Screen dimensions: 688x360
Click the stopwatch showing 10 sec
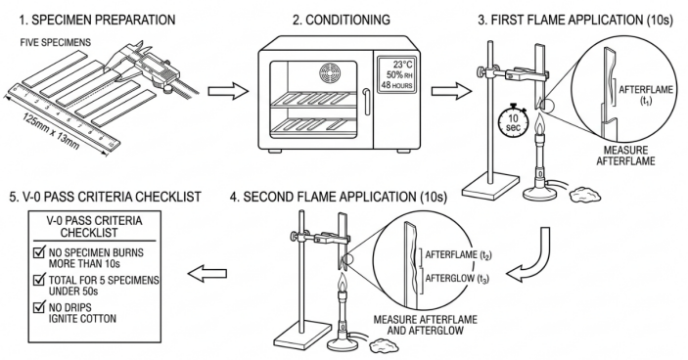513,122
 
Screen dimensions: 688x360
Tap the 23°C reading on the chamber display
402,64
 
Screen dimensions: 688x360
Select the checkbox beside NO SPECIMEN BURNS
39,252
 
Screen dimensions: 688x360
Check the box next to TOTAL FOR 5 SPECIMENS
39,280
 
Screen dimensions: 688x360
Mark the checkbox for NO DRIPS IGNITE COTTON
39,306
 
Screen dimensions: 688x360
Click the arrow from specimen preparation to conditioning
228,91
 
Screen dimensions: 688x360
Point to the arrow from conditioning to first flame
451,91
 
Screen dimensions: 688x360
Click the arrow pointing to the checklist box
207,273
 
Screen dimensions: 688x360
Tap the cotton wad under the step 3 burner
584,194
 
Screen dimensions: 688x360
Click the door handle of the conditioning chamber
367,102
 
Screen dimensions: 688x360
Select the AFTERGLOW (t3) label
456,278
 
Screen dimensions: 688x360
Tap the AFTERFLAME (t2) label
458,254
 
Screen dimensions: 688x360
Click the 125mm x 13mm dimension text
51,131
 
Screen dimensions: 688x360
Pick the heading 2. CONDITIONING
341,20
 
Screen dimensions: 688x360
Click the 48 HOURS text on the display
396,85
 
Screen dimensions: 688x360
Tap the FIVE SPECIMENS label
55,42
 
